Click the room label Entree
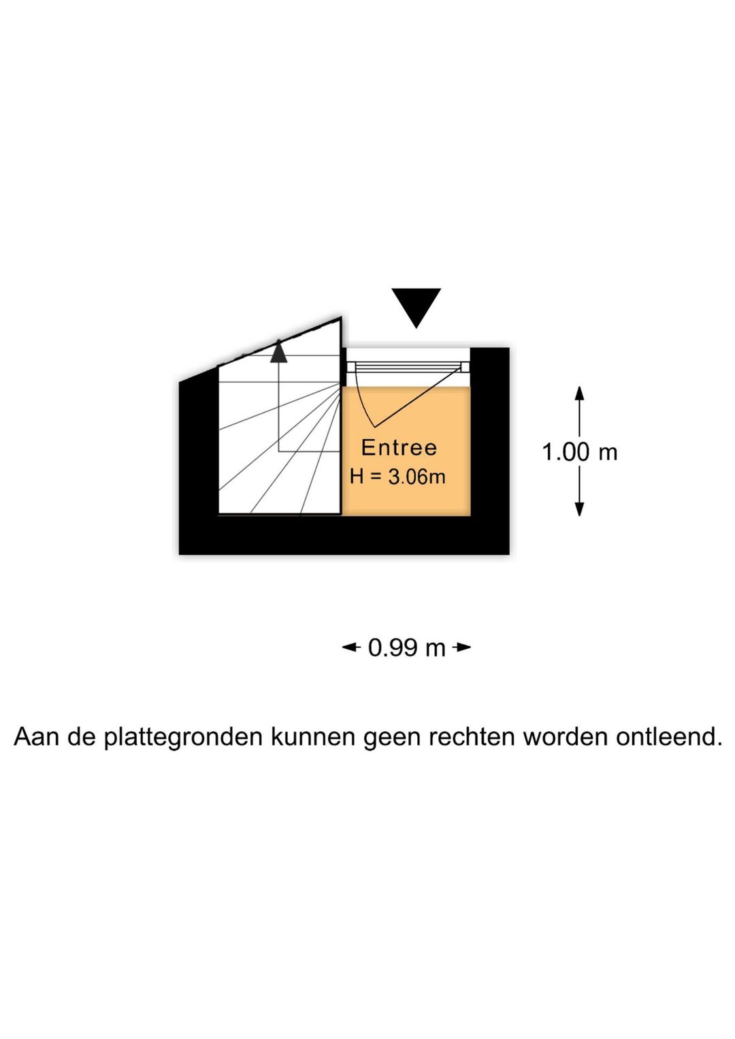399,447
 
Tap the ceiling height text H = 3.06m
397,477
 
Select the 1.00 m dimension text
580,452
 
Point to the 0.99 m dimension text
407,648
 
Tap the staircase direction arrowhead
279,351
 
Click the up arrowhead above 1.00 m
579,393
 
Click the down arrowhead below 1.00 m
579,509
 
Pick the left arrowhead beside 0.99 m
350,648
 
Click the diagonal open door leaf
419,396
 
